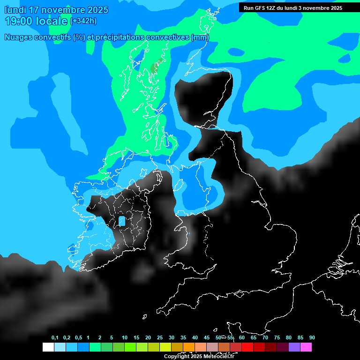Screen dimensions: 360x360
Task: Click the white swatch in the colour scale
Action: pos(48,347)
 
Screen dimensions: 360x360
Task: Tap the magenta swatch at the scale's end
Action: pos(306,347)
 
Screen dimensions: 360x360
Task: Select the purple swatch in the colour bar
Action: pos(294,347)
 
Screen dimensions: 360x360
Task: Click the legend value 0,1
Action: pos(55,338)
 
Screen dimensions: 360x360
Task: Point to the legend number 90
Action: pos(312,338)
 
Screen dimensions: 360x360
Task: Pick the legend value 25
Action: pos(160,338)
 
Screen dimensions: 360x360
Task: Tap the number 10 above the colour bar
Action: pos(125,338)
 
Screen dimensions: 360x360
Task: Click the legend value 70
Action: pos(265,338)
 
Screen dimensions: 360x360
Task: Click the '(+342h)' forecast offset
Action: pos(83,21)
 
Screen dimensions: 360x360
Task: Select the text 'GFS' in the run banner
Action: pos(262,8)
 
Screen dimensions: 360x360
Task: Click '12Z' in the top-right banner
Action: pos(275,8)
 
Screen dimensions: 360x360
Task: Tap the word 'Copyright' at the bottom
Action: pos(176,357)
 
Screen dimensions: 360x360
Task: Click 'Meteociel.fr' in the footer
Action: pos(219,357)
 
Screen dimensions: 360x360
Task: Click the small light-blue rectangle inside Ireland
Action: pos(122,221)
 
